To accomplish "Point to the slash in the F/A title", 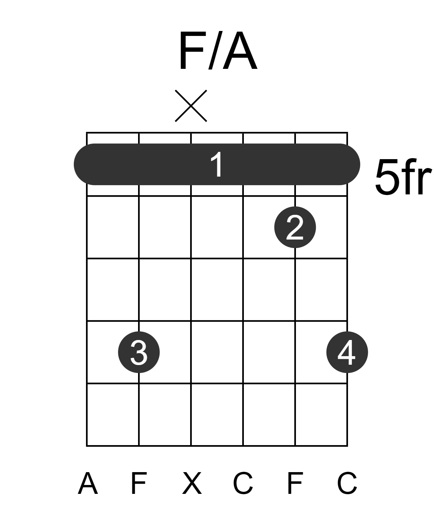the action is click(216, 50).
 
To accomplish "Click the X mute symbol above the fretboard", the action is click(191, 106).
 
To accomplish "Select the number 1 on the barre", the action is click(217, 164).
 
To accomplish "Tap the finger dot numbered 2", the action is click(295, 227).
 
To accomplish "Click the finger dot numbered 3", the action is click(139, 352).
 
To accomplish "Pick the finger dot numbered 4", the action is click(347, 352).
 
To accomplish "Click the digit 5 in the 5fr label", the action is click(386, 177).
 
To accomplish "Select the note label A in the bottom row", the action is click(88, 483).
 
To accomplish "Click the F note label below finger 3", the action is click(139, 483).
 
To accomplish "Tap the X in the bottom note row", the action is click(192, 483).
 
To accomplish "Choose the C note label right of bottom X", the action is click(243, 483).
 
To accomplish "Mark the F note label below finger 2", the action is click(295, 483).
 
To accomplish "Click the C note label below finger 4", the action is click(347, 483).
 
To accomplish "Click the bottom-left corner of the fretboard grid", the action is click(87, 446).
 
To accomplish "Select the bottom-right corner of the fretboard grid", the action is click(347, 446).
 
